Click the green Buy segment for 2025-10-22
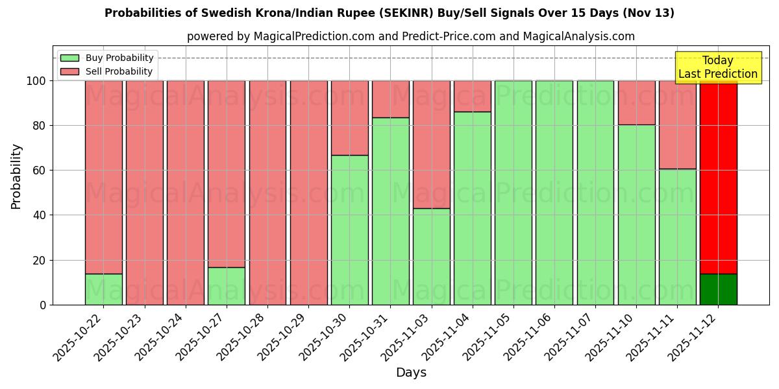[x=103, y=289]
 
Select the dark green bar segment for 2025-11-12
[x=718, y=289]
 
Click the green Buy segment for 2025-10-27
[x=227, y=286]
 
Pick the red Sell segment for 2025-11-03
[x=432, y=145]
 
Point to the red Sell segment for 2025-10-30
[x=349, y=118]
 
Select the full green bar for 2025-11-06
[x=554, y=193]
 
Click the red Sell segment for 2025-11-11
[x=677, y=124]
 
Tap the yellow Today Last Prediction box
[x=717, y=67]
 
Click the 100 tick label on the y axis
[x=36, y=81]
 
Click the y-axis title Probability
[x=16, y=176]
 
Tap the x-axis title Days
[x=411, y=373]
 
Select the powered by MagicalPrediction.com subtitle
[x=410, y=36]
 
